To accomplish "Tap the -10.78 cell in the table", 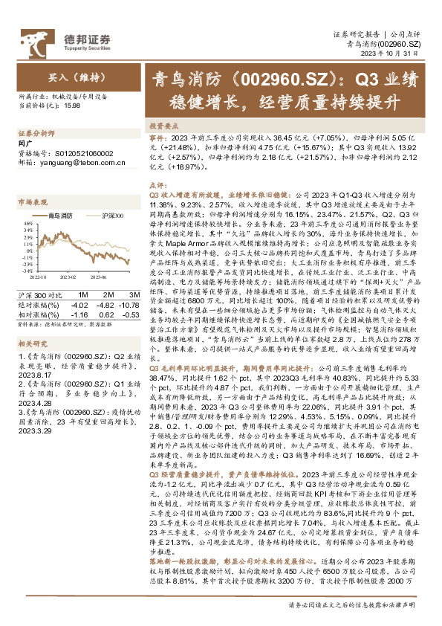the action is coord(128,304).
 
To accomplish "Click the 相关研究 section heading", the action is coord(32,344).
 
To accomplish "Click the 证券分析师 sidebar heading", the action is coord(36,134).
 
